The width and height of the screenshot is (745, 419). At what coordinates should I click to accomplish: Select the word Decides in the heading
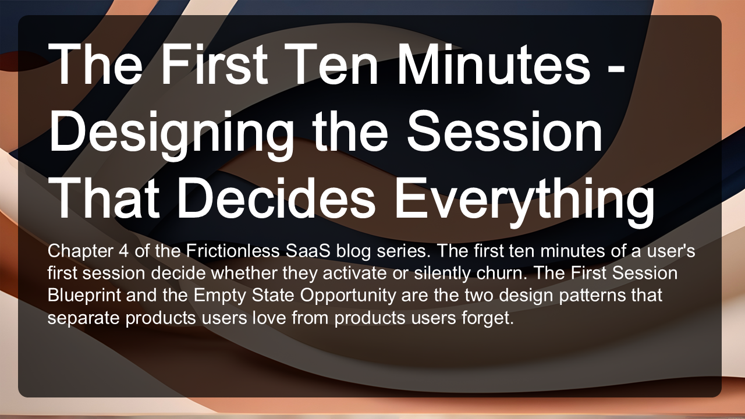click(276, 197)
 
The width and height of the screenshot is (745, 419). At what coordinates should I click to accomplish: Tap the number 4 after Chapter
click(123, 251)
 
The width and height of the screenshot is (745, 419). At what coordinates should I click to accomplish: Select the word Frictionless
click(233, 251)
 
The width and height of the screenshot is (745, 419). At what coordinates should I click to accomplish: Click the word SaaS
click(308, 251)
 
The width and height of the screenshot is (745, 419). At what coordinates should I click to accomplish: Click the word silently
click(442, 274)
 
